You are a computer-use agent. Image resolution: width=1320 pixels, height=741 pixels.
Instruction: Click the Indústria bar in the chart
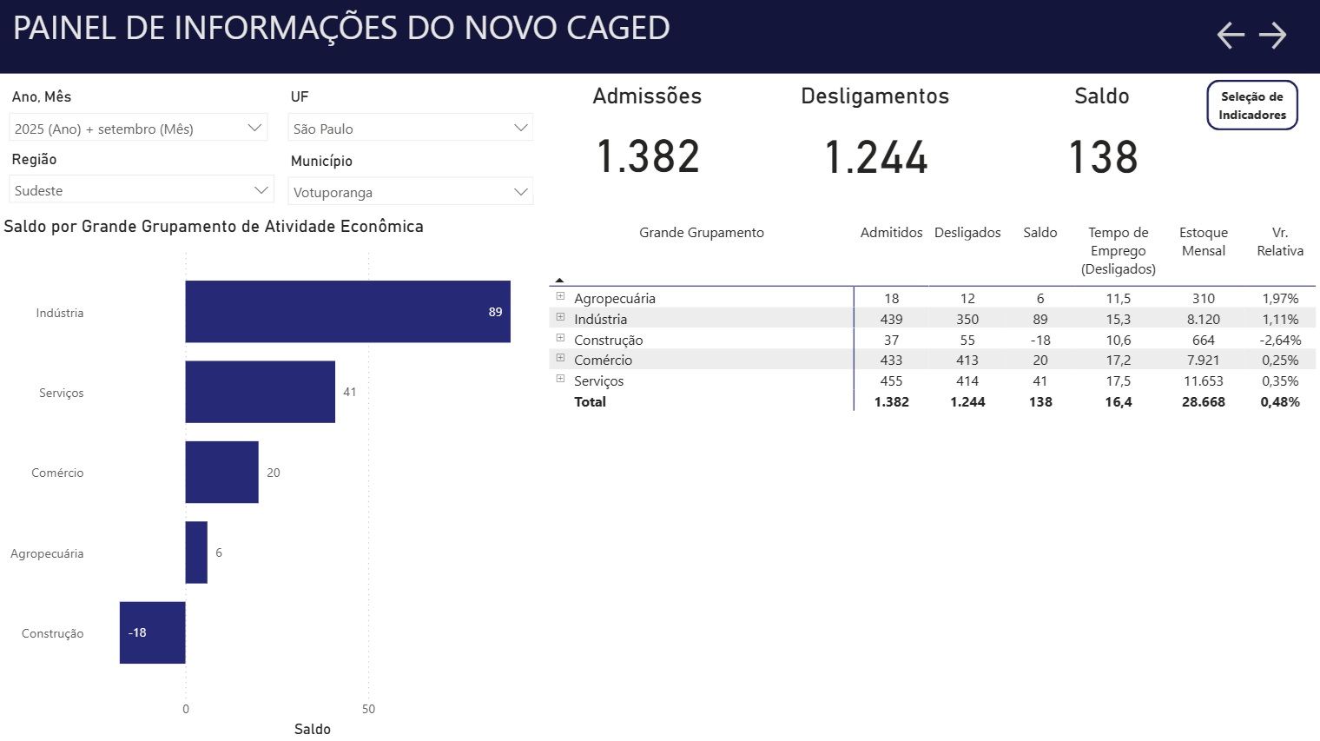(347, 312)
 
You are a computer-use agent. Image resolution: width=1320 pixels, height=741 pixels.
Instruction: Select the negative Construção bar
(153, 632)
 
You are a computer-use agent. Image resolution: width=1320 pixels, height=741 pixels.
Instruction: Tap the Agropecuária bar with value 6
(196, 552)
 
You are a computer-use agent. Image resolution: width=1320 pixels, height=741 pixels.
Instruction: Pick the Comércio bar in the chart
(221, 472)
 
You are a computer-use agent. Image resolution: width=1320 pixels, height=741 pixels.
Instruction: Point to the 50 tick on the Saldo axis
(368, 709)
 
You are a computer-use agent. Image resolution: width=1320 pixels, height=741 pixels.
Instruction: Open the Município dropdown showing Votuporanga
(410, 192)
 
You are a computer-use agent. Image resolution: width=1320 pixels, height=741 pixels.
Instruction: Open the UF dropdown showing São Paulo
(410, 129)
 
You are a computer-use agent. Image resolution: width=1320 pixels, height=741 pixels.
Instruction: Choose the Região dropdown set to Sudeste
(142, 190)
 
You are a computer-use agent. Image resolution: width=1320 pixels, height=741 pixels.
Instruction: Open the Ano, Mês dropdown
(138, 129)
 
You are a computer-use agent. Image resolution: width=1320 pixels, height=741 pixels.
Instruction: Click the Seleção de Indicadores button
(1251, 105)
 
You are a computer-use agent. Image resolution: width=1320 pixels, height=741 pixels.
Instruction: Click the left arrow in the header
(1231, 35)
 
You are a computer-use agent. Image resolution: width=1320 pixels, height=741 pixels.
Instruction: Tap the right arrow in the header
(1272, 35)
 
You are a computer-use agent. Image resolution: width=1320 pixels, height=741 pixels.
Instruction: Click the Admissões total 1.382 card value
(648, 157)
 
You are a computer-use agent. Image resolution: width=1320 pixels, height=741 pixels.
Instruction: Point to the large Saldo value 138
(1102, 157)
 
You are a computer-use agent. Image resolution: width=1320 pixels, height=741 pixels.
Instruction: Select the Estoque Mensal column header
(1203, 241)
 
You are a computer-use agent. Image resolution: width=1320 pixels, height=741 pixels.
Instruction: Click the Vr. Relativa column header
(1279, 241)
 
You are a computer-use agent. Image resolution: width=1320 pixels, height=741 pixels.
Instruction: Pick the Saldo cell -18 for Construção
(1039, 340)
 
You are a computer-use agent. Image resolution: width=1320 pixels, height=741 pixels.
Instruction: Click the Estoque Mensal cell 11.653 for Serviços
(1203, 380)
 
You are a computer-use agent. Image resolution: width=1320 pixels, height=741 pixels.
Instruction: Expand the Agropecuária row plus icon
(560, 296)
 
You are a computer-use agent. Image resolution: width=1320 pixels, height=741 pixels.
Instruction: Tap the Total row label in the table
(590, 401)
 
